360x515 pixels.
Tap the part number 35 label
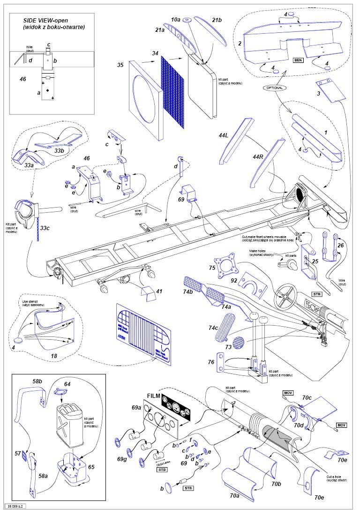pos(120,65)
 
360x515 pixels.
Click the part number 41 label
pos(159,291)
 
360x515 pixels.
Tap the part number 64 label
pos(67,384)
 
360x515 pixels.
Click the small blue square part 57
pos(18,454)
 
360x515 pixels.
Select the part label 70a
pos(234,494)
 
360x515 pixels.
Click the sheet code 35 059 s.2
pos(16,507)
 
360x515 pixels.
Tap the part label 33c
pos(45,228)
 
